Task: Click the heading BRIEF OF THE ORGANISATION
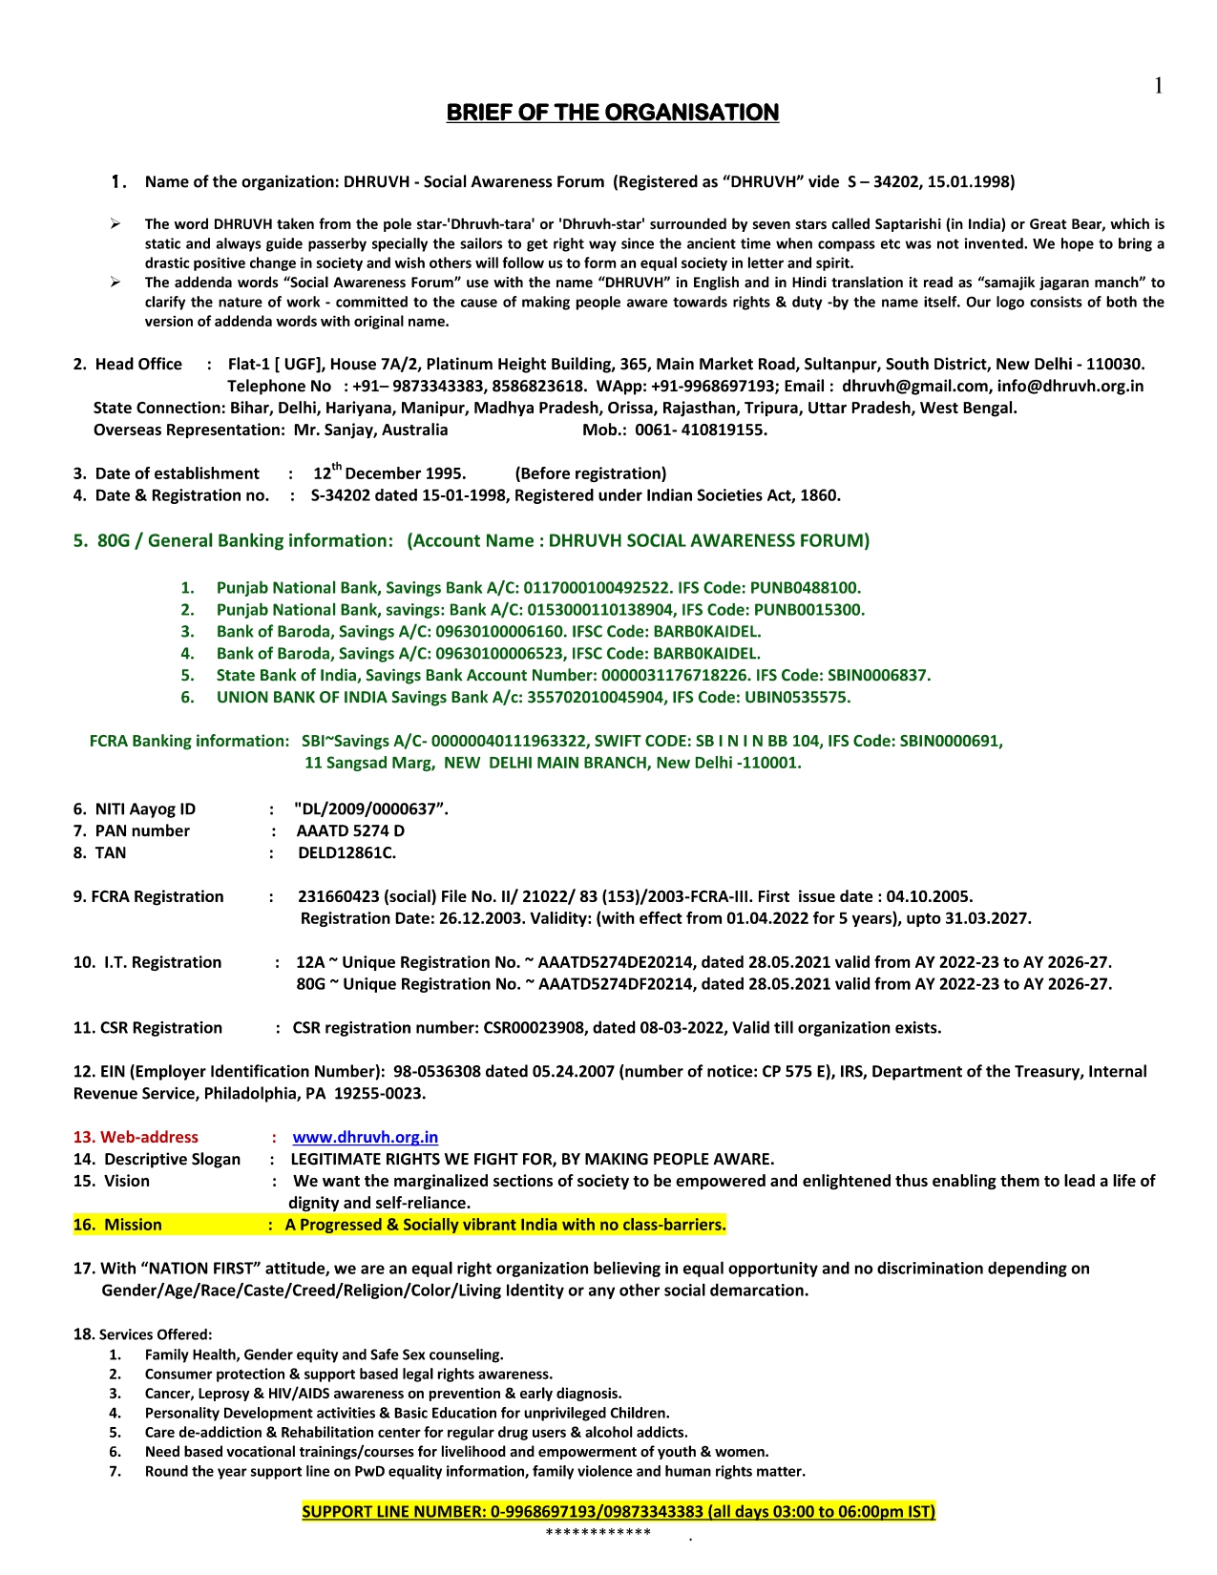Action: (613, 113)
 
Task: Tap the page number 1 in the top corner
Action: (1158, 87)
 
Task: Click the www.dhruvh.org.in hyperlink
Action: (365, 1137)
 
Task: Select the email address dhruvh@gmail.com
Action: (914, 386)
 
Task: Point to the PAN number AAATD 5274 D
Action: (350, 830)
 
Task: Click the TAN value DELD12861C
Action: (346, 852)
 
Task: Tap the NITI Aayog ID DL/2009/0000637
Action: (370, 808)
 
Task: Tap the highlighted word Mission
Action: (133, 1225)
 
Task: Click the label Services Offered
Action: (156, 1334)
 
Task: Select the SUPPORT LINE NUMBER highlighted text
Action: (618, 1511)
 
